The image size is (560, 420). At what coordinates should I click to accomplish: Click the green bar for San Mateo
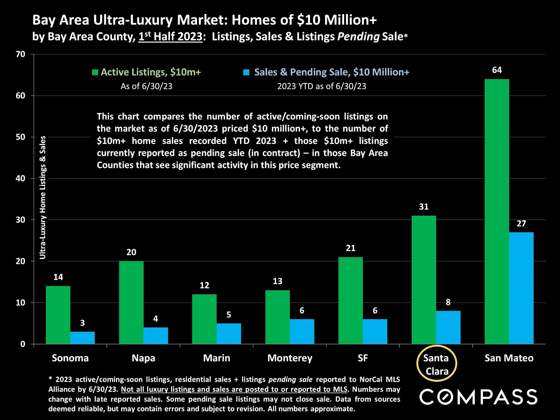[x=497, y=211]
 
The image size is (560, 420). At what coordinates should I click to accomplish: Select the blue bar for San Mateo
[x=521, y=288]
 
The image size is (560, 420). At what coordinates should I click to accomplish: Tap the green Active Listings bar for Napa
[x=131, y=302]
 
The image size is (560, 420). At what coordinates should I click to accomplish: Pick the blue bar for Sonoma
[x=83, y=338]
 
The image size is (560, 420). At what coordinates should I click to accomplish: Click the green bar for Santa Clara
[x=424, y=280]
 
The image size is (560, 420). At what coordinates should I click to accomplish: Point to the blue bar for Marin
[x=229, y=333]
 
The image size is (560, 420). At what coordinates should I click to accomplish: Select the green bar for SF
[x=351, y=300]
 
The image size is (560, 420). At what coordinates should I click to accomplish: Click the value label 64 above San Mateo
[x=497, y=70]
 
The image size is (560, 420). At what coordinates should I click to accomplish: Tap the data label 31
[x=424, y=207]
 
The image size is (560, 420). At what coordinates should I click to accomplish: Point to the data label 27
[x=521, y=224]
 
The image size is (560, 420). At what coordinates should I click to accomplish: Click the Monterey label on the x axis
[x=290, y=358]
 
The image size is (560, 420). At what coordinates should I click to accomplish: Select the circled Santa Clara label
[x=437, y=364]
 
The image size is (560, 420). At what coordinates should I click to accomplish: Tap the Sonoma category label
[x=70, y=358]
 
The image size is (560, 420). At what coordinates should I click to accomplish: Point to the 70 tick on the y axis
[x=20, y=54]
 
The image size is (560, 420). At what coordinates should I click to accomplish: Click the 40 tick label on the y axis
[x=20, y=178]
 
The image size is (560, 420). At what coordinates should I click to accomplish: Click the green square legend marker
[x=95, y=72]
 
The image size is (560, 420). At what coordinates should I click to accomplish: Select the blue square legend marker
[x=246, y=72]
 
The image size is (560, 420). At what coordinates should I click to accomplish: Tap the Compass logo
[x=478, y=397]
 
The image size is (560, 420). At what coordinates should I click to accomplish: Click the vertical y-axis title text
[x=43, y=197]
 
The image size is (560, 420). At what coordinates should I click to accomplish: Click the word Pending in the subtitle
[x=358, y=37]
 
